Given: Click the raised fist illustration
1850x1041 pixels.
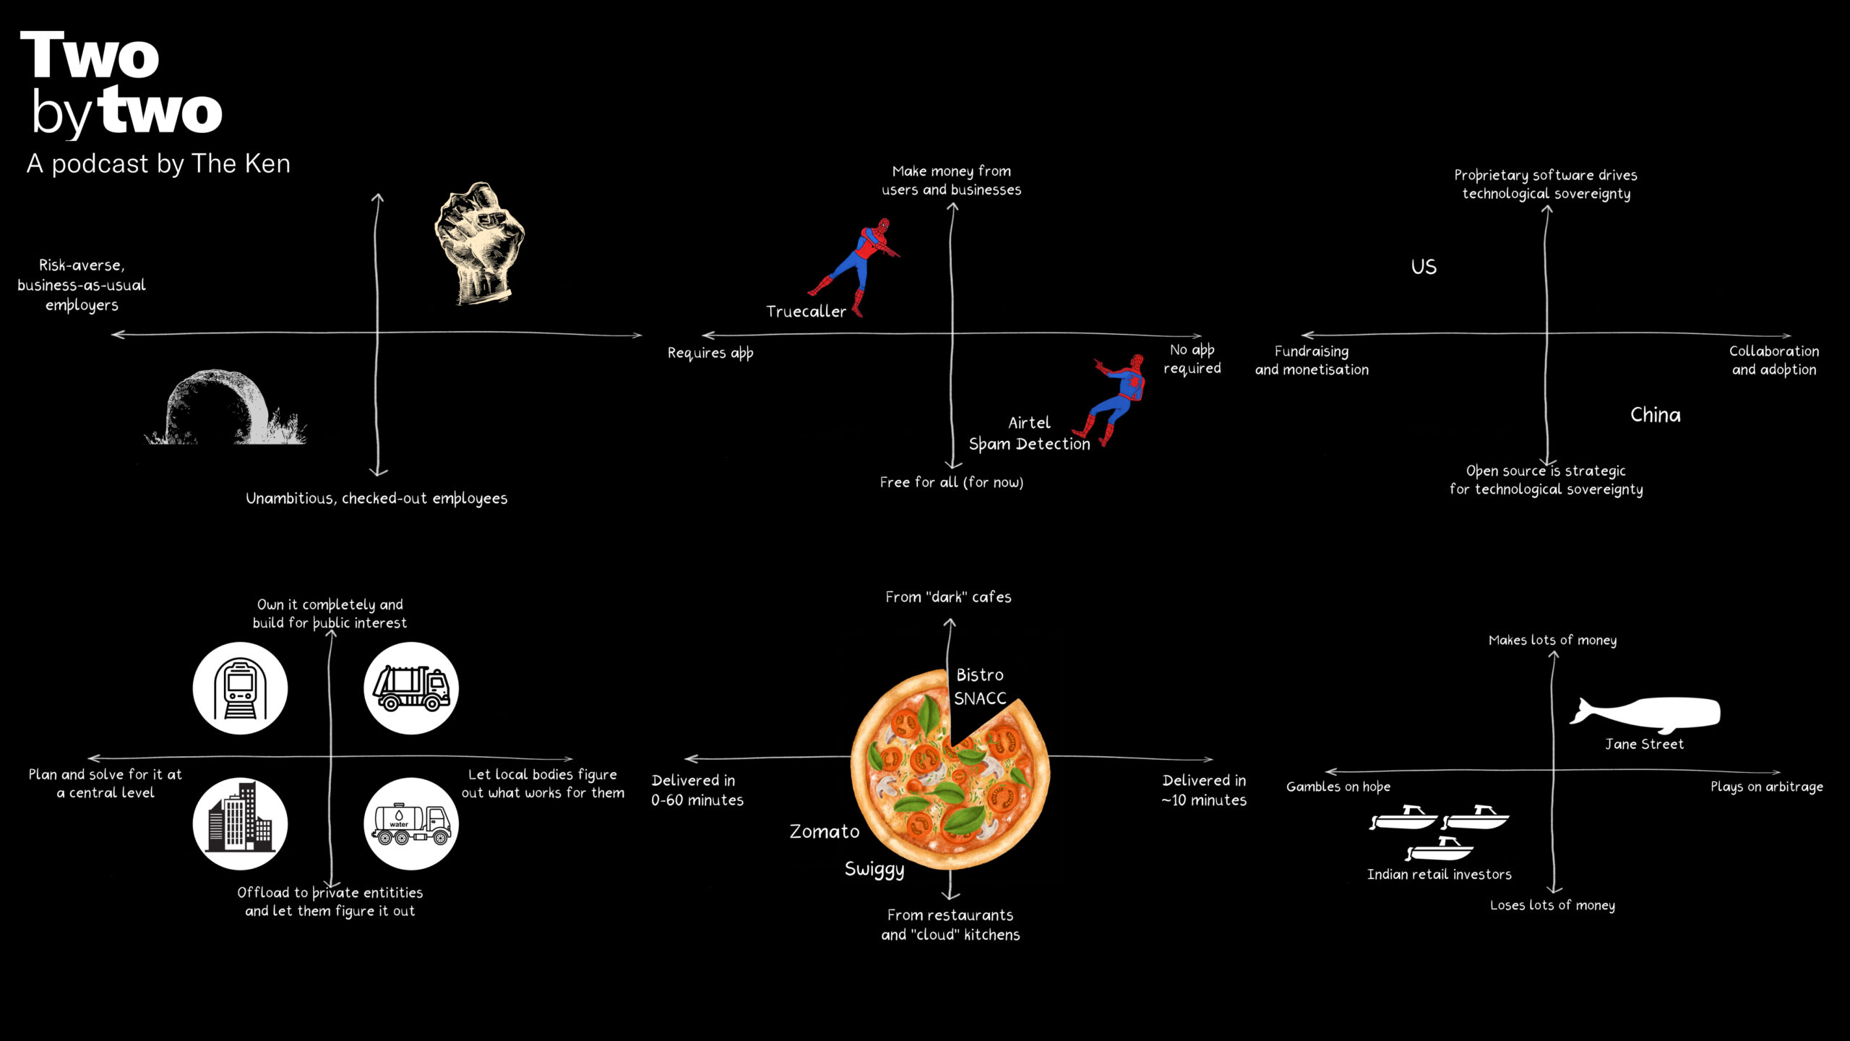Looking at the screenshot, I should (x=479, y=242).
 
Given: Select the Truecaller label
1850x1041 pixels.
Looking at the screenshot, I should (x=806, y=312).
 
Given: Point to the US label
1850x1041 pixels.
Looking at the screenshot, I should (x=1424, y=267).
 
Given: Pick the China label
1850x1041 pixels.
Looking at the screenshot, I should (x=1655, y=415).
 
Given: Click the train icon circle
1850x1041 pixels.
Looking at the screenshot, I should (x=241, y=688).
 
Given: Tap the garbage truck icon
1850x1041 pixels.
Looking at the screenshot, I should (x=411, y=688).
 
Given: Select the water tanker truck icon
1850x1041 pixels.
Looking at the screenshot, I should (x=411, y=824).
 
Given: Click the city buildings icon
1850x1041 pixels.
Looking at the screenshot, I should (x=241, y=824).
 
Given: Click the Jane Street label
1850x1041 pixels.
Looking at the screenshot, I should (x=1644, y=744).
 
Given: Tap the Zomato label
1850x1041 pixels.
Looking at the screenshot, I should (x=824, y=831).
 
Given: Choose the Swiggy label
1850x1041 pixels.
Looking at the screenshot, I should (x=874, y=869).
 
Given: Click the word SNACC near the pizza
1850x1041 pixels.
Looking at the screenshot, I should (x=980, y=698).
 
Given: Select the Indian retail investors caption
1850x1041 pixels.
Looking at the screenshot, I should (x=1439, y=874).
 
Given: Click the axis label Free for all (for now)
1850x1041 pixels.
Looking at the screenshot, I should (x=951, y=482).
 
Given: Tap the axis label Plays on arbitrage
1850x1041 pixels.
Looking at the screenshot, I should (x=1766, y=787).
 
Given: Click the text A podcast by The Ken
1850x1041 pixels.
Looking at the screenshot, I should (x=158, y=164).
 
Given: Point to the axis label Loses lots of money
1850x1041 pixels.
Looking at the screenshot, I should (x=1552, y=905).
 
